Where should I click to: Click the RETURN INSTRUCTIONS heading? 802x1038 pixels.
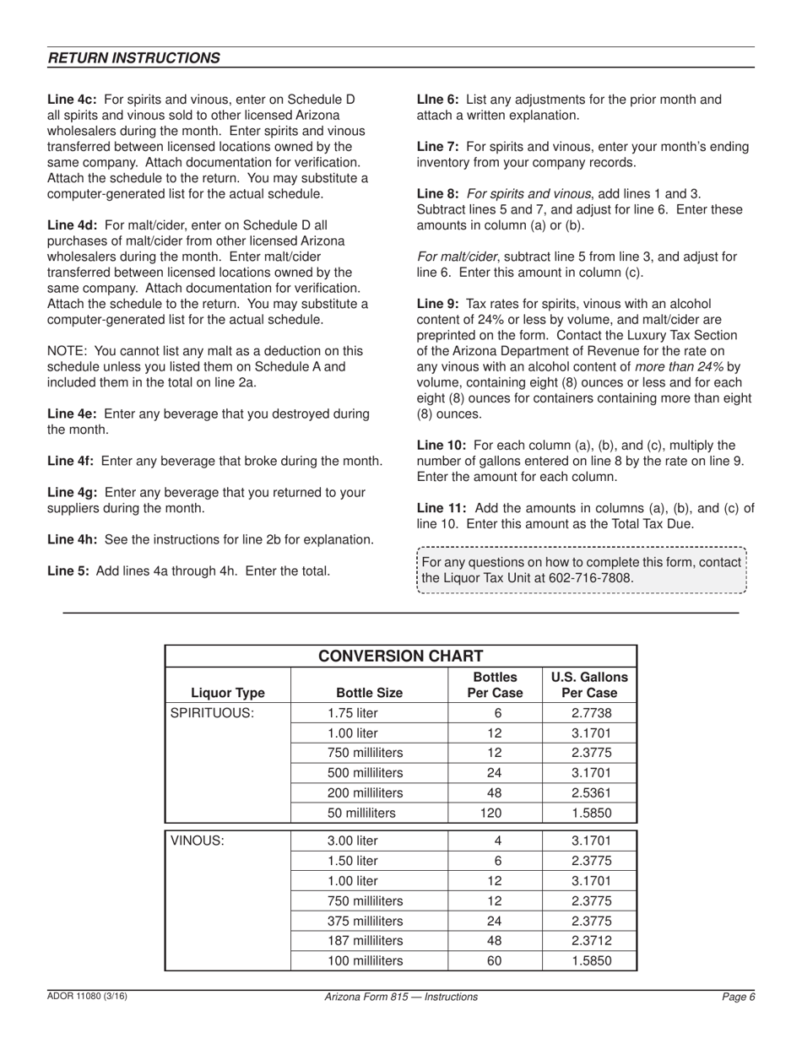[134, 57]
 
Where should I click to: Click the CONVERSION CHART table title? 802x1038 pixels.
[400, 656]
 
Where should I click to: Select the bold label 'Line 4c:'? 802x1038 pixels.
[72, 100]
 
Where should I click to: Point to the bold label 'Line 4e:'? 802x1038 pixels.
[72, 414]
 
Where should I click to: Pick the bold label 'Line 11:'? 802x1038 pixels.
[442, 508]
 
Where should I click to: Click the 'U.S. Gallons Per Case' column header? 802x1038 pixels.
[588, 684]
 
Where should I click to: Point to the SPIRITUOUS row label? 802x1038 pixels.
[212, 712]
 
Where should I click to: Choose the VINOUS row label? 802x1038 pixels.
[198, 841]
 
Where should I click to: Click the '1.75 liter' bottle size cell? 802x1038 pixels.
[353, 712]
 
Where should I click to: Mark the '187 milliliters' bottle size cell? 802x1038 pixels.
[365, 940]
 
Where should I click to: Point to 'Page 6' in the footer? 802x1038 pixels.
[738, 997]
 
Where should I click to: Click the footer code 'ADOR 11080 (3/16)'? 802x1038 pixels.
[87, 997]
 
